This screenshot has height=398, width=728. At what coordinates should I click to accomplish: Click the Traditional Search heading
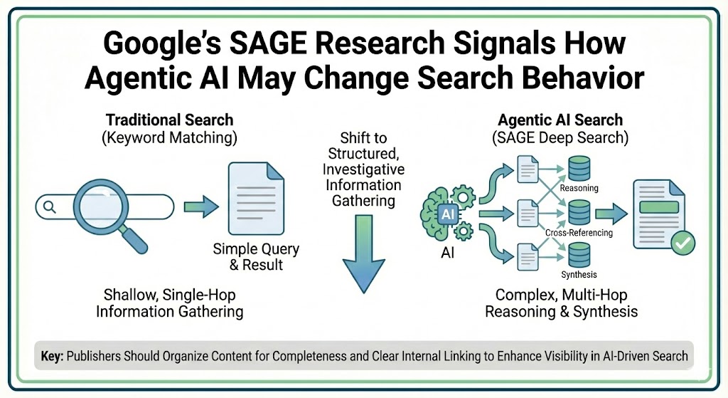point(169,119)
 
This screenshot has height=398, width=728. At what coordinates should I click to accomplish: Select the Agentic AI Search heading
point(561,120)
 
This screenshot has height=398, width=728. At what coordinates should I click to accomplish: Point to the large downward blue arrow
point(363,257)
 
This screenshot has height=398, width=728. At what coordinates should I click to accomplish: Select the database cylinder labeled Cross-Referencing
point(579,212)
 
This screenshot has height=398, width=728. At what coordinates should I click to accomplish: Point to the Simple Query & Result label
point(256,257)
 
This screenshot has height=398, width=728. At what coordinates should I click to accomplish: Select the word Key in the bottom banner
point(53,356)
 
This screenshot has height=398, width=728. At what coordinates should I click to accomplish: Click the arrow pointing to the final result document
point(611,212)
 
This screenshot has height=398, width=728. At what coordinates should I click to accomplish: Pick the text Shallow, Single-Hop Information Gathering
point(169,303)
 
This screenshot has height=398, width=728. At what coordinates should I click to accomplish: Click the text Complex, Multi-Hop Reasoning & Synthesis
point(561,303)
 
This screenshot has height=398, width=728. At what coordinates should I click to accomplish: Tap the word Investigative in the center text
point(363,169)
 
